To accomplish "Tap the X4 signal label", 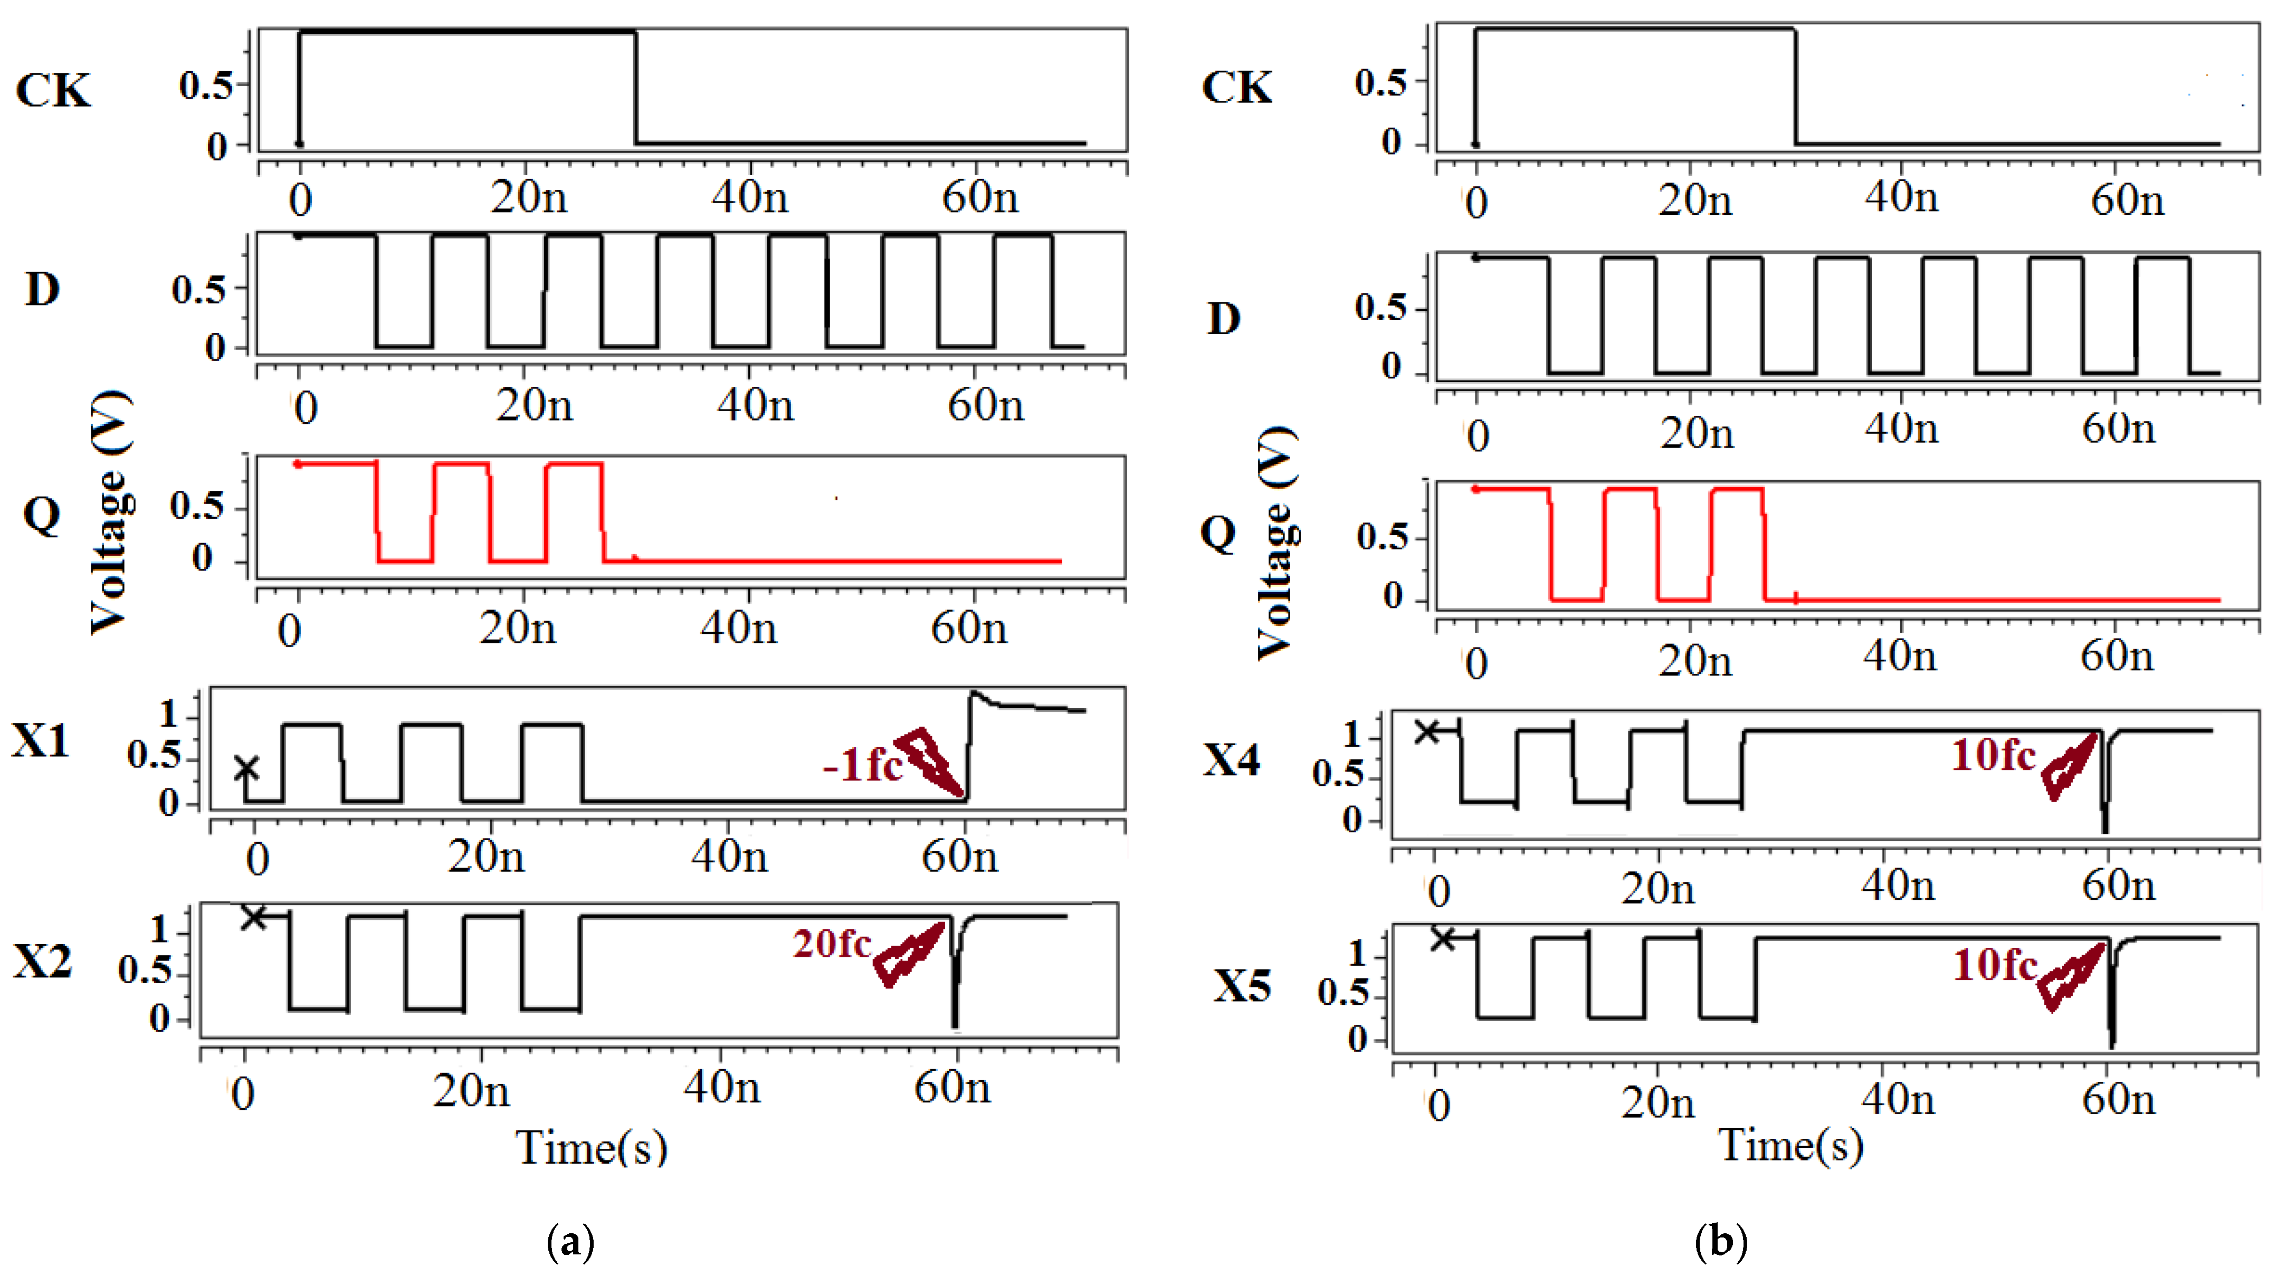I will point(1231,760).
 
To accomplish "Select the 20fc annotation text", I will point(832,944).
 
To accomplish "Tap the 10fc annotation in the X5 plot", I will point(1995,965).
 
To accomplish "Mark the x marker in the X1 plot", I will point(246,768).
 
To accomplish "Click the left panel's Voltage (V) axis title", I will point(111,513).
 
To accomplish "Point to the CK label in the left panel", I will point(53,91).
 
